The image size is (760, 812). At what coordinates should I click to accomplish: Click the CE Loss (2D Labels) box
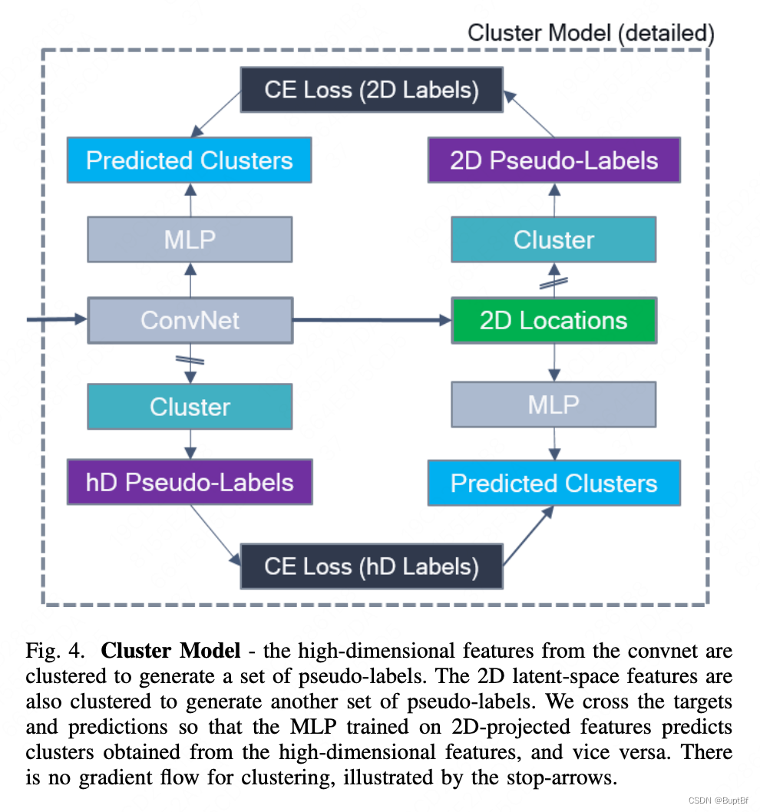(372, 89)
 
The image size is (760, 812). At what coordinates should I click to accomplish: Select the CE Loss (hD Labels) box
(372, 566)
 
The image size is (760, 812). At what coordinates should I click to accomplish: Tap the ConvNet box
(190, 320)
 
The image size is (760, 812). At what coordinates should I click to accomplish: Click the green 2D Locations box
(553, 320)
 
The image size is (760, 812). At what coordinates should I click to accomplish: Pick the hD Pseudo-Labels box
(190, 482)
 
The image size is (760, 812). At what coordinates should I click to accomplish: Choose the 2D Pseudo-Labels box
(553, 160)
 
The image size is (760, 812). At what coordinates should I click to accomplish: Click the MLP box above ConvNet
(190, 239)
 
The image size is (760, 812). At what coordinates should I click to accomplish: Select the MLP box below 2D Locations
(553, 404)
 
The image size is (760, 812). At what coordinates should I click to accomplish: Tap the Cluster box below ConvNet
(190, 406)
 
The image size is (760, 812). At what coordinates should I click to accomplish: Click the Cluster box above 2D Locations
(553, 239)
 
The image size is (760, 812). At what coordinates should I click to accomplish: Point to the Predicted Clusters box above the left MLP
(190, 160)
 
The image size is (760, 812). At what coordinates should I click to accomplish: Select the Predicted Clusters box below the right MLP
(553, 483)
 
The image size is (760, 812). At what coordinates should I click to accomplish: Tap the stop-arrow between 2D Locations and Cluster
(553, 281)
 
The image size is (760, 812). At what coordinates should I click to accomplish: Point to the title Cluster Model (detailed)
(590, 33)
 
